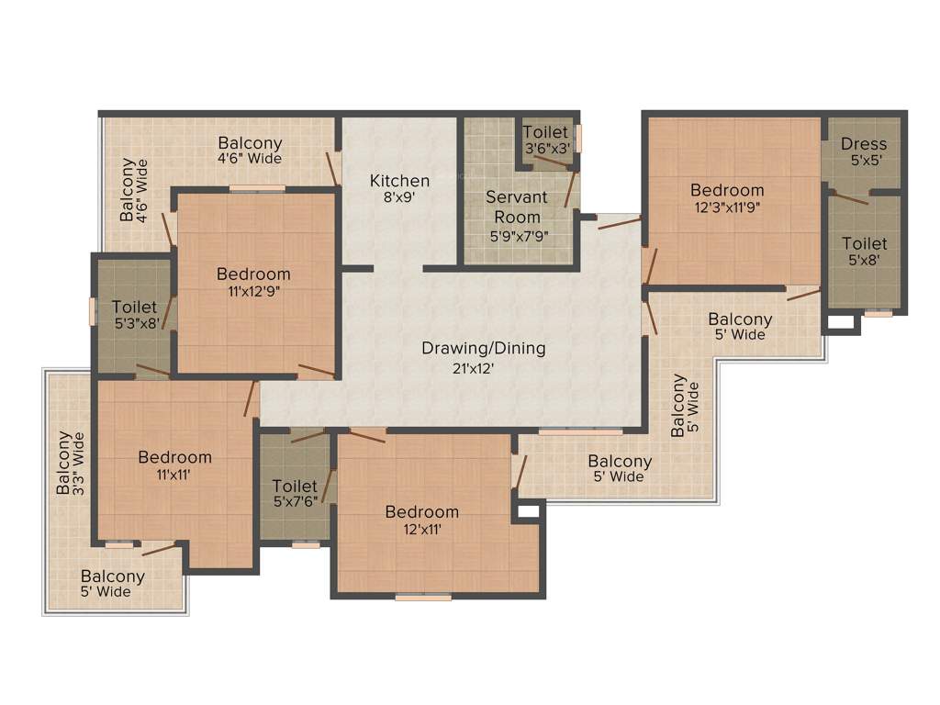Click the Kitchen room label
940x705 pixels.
[x=399, y=181]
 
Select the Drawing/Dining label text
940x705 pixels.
[x=484, y=349]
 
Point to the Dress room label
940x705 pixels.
[x=864, y=144]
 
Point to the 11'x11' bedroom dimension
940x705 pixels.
[x=174, y=475]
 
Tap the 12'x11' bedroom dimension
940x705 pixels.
[x=421, y=529]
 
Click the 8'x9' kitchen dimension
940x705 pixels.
[x=399, y=196]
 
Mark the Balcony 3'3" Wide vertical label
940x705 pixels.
[x=71, y=464]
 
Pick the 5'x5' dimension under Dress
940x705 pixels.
[x=864, y=160]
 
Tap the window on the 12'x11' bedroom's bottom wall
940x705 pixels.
[x=423, y=598]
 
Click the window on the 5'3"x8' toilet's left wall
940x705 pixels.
[x=92, y=310]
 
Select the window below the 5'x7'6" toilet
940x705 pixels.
[x=306, y=545]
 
